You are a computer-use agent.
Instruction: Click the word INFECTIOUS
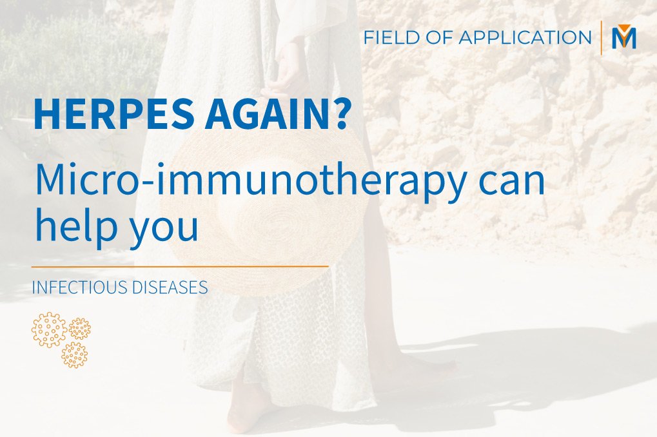click(x=80, y=287)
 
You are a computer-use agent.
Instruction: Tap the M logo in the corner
click(x=623, y=37)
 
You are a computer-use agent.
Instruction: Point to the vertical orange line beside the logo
click(x=602, y=37)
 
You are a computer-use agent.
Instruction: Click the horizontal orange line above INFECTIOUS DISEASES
click(x=180, y=266)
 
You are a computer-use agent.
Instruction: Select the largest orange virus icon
click(x=49, y=329)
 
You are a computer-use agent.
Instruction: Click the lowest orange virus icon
click(x=74, y=354)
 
